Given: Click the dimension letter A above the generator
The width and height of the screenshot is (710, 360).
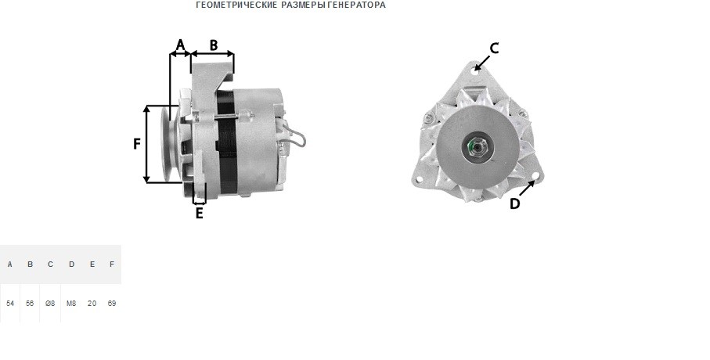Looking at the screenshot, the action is click(180, 45).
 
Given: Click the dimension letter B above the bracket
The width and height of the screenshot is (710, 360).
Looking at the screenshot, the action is click(213, 45).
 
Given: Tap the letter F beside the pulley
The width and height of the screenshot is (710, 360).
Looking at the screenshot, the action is click(137, 144).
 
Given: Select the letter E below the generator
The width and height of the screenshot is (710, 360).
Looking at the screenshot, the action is click(200, 213).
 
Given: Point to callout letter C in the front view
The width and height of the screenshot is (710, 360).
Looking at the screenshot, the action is click(495, 48).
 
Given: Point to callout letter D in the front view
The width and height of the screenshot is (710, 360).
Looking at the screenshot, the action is click(514, 203).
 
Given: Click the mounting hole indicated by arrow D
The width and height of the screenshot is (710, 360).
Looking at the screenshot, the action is click(536, 176).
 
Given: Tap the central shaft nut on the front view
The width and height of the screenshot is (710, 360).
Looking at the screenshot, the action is click(474, 146).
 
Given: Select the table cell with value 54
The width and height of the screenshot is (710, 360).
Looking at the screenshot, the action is click(10, 304).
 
